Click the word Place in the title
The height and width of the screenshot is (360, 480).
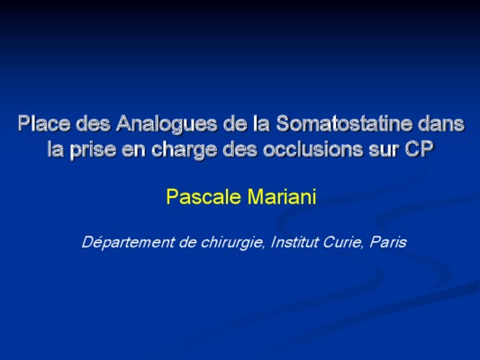click(x=43, y=123)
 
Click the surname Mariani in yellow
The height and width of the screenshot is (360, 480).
click(x=282, y=196)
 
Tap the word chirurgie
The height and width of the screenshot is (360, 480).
click(x=232, y=243)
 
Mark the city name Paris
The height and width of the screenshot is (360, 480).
click(x=388, y=242)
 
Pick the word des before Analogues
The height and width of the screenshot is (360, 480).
click(x=93, y=123)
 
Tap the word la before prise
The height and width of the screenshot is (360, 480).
click(x=55, y=149)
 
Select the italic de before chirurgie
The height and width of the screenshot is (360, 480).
click(x=187, y=242)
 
